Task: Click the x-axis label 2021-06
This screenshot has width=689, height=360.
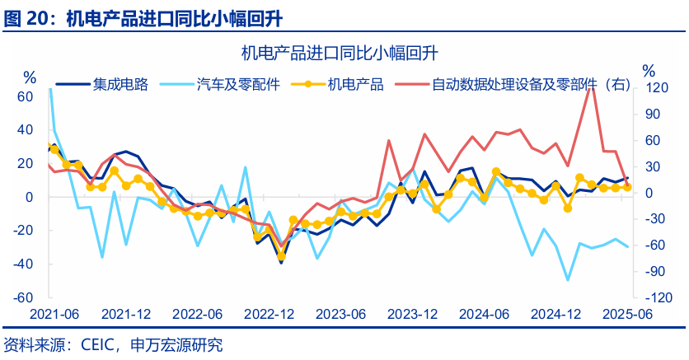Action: click(54, 315)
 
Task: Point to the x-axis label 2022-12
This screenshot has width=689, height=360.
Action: click(270, 315)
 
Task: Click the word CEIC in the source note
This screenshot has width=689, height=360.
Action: click(96, 344)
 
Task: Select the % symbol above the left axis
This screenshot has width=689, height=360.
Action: click(30, 78)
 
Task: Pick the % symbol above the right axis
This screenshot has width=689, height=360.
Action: click(649, 70)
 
